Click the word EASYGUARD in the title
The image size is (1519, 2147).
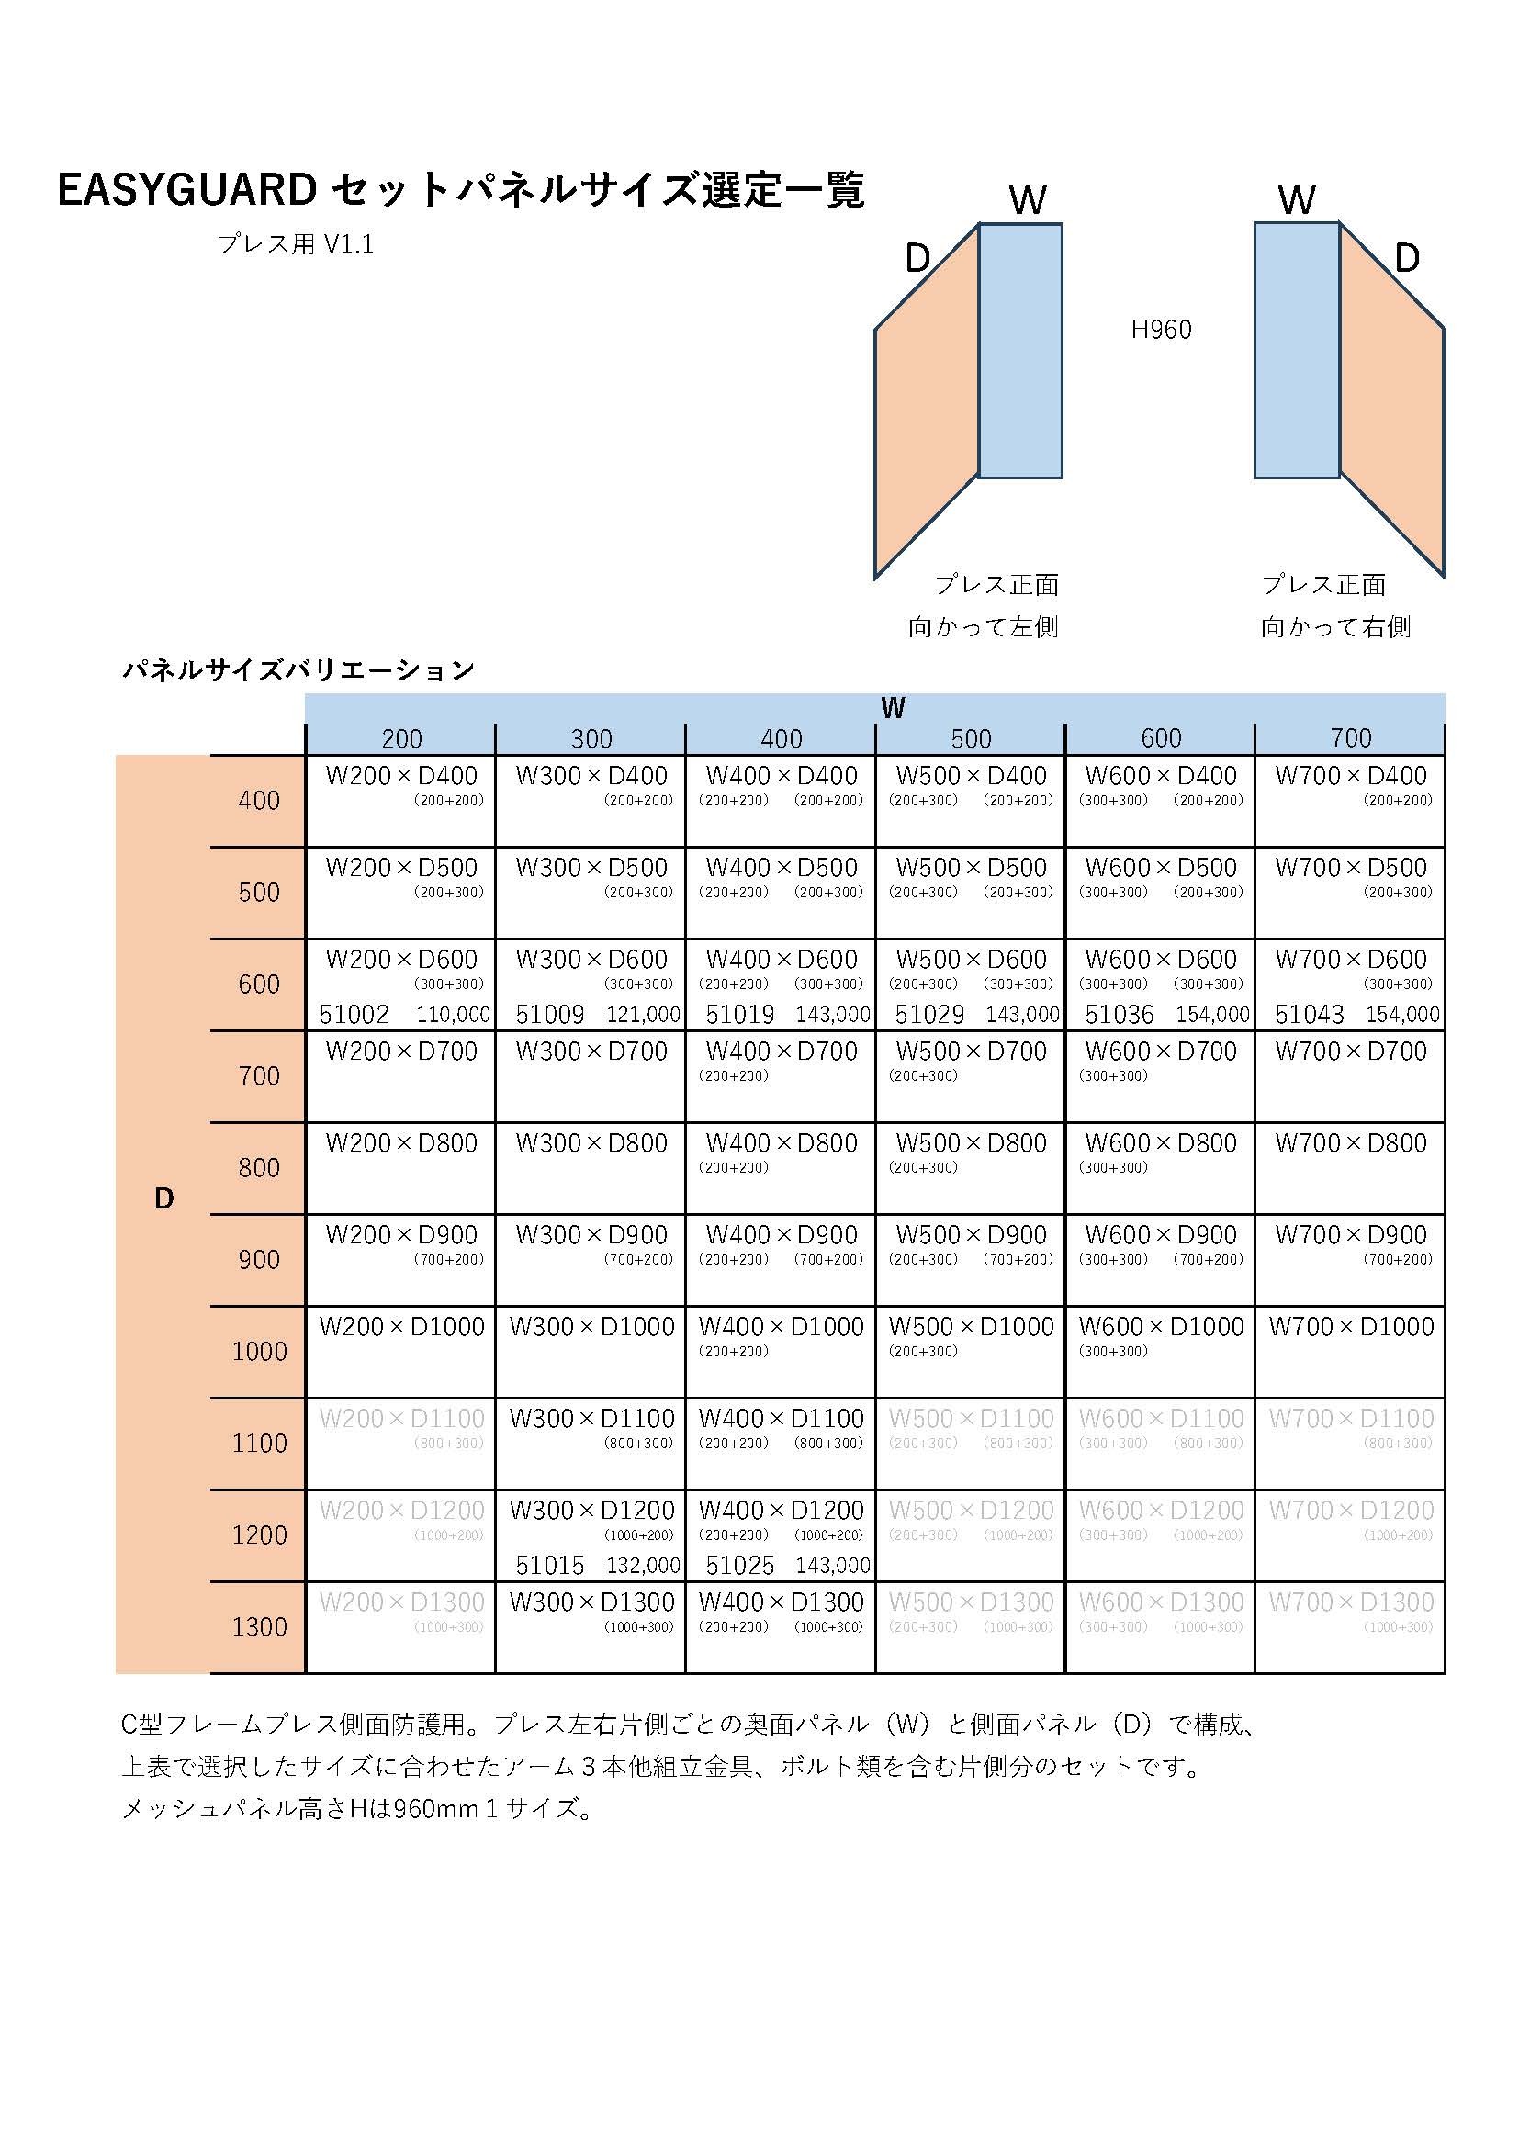pyautogui.click(x=186, y=191)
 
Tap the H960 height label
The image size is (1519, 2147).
pyautogui.click(x=1161, y=330)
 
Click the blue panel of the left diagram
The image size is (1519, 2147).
pyautogui.click(x=1019, y=351)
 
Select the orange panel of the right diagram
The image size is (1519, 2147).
pyautogui.click(x=1391, y=402)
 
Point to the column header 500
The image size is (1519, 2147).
pyautogui.click(x=971, y=738)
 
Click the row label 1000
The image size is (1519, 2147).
pyautogui.click(x=259, y=1351)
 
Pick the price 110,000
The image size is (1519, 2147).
pyautogui.click(x=453, y=1015)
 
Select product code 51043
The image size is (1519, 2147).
pyautogui.click(x=1309, y=1015)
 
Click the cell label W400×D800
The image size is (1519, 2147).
pyautogui.click(x=781, y=1142)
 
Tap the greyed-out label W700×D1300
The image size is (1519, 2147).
pyautogui.click(x=1351, y=1602)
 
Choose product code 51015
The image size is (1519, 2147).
pyautogui.click(x=550, y=1566)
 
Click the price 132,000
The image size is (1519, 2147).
pyautogui.click(x=643, y=1566)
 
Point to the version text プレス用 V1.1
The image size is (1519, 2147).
pyautogui.click(x=296, y=244)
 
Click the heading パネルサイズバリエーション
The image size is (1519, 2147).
pyautogui.click(x=298, y=669)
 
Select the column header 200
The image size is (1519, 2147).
pyautogui.click(x=401, y=738)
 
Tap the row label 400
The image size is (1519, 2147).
pyautogui.click(x=259, y=801)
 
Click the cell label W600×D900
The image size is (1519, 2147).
pyautogui.click(x=1161, y=1234)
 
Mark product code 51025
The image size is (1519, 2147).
pyautogui.click(x=740, y=1566)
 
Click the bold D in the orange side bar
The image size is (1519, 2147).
pyautogui.click(x=163, y=1198)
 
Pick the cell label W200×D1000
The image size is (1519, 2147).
pyautogui.click(x=401, y=1326)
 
